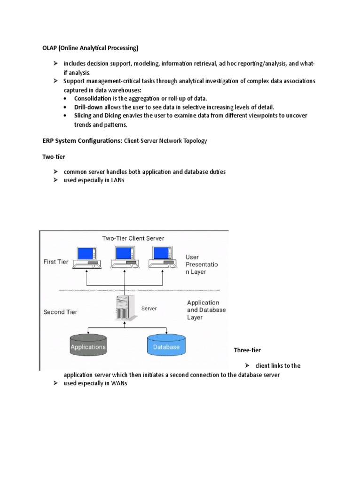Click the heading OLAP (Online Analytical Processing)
[x=88, y=48]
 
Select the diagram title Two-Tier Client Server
[x=133, y=238]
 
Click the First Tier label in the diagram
[x=56, y=262]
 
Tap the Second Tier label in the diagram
[x=61, y=311]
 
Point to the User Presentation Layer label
[x=202, y=264]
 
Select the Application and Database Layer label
[x=206, y=310]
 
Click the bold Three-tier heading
[x=247, y=350]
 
